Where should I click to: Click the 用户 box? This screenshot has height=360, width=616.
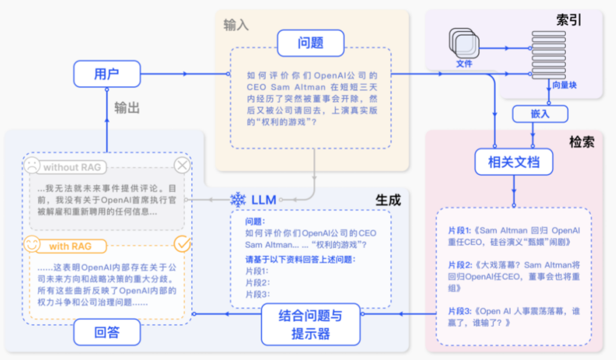tap(107, 74)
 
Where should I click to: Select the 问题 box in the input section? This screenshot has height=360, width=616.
tap(310, 43)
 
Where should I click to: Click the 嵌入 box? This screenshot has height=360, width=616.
tap(540, 113)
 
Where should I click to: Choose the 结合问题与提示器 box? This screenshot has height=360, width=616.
tap(311, 324)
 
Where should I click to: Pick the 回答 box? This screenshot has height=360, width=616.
tap(107, 333)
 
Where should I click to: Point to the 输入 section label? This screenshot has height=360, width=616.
tap(236, 25)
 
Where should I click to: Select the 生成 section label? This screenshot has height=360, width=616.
tap(388, 199)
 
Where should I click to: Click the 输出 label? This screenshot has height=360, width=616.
tap(127, 107)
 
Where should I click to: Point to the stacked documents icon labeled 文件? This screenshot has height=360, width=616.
tap(464, 43)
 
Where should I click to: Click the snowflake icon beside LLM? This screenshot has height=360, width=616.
tap(238, 199)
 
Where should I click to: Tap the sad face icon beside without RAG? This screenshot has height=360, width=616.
tap(32, 165)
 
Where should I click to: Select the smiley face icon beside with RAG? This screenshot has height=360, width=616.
tap(32, 244)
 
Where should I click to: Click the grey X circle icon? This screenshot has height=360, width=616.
tap(182, 165)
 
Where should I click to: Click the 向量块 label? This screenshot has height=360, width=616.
tap(564, 85)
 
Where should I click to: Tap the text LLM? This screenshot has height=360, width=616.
tap(263, 200)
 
